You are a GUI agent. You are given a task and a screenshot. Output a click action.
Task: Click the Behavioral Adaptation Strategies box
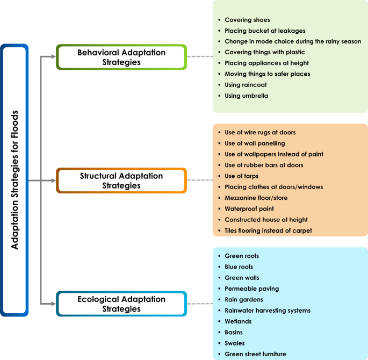(121, 57)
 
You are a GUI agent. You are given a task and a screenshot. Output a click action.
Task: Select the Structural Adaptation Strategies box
(121, 181)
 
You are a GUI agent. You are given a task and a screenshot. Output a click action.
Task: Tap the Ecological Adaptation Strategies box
(121, 304)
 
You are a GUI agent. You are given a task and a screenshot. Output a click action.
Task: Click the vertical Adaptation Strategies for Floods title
(15, 180)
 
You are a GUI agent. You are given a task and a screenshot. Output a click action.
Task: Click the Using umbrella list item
(246, 96)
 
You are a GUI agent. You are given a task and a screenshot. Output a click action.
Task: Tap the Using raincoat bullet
(245, 85)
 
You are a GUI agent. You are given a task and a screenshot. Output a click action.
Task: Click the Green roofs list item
(241, 256)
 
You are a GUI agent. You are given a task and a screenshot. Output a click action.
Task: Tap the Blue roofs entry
(239, 267)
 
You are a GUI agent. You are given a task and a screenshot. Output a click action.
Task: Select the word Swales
(235, 343)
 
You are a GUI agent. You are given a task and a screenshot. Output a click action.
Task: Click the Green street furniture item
(255, 354)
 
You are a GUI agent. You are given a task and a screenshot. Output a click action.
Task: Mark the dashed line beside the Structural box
(200, 181)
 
